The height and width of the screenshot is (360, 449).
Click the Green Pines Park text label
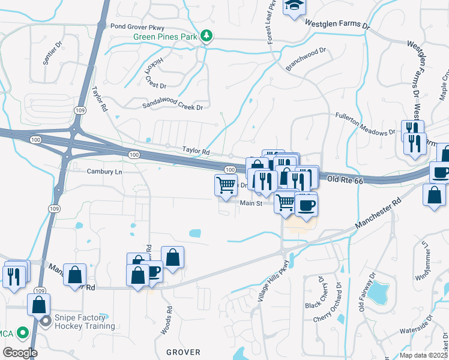(x=166, y=37)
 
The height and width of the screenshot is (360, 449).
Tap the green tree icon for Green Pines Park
(x=206, y=37)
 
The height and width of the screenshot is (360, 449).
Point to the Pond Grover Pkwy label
(x=142, y=26)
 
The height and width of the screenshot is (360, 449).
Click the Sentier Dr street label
(x=52, y=53)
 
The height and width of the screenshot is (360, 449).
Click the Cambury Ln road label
(x=104, y=172)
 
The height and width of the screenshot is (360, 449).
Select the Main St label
(x=252, y=203)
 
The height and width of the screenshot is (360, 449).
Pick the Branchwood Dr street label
(x=305, y=59)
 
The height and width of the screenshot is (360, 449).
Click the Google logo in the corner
(x=20, y=353)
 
